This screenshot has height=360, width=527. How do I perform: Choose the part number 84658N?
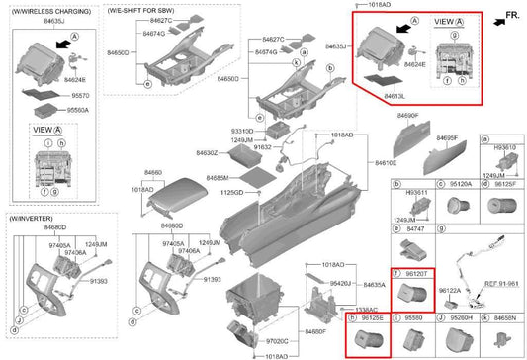click(x=503, y=318)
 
